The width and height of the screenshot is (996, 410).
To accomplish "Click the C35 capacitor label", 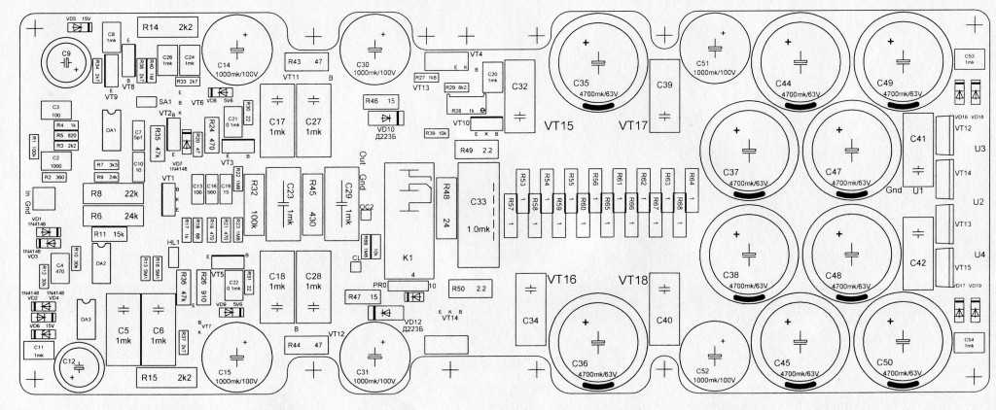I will (x=583, y=83).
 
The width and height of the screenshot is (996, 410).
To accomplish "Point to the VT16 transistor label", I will (x=561, y=280).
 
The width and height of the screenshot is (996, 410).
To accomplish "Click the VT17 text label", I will (x=631, y=125).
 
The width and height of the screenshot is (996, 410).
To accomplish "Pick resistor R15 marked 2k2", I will (x=169, y=376).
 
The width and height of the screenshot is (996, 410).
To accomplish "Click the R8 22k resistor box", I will (x=114, y=193).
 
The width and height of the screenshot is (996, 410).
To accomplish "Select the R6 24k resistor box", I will (x=114, y=216).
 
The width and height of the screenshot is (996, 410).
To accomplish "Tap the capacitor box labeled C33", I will (x=478, y=216).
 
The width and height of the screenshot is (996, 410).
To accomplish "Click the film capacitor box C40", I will (x=664, y=309).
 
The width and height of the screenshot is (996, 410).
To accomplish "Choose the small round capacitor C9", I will (x=69, y=58).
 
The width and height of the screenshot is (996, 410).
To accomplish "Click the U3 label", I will (x=979, y=149).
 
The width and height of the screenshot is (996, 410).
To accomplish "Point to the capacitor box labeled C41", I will (x=918, y=140).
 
